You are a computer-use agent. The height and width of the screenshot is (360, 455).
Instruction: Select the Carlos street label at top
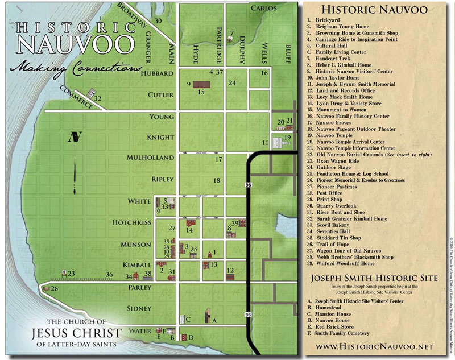tap(263, 9)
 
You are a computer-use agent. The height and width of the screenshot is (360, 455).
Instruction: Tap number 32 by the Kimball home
tap(98, 99)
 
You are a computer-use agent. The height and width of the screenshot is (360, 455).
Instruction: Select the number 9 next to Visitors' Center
tap(188, 85)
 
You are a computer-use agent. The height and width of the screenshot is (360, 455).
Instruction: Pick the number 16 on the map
tap(264, 73)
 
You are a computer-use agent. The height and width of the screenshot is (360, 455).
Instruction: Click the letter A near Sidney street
tap(214, 321)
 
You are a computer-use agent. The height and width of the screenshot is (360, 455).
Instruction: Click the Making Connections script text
tap(77, 67)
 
